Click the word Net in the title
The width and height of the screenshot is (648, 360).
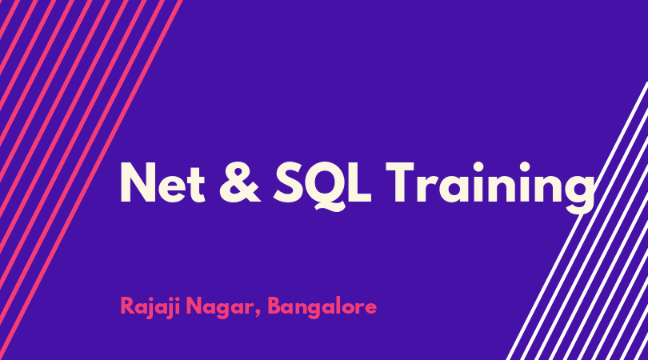tap(162, 182)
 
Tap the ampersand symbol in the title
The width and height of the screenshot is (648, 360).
tap(240, 182)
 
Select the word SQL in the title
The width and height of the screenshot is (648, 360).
tap(322, 186)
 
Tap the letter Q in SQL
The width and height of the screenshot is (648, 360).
tap(326, 186)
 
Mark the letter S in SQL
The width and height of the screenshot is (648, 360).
tap(288, 182)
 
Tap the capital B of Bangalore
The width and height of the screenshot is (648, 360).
tap(275, 306)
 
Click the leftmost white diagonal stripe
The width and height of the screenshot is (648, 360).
tap(577, 221)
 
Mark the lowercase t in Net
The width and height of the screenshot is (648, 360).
tap(198, 185)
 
